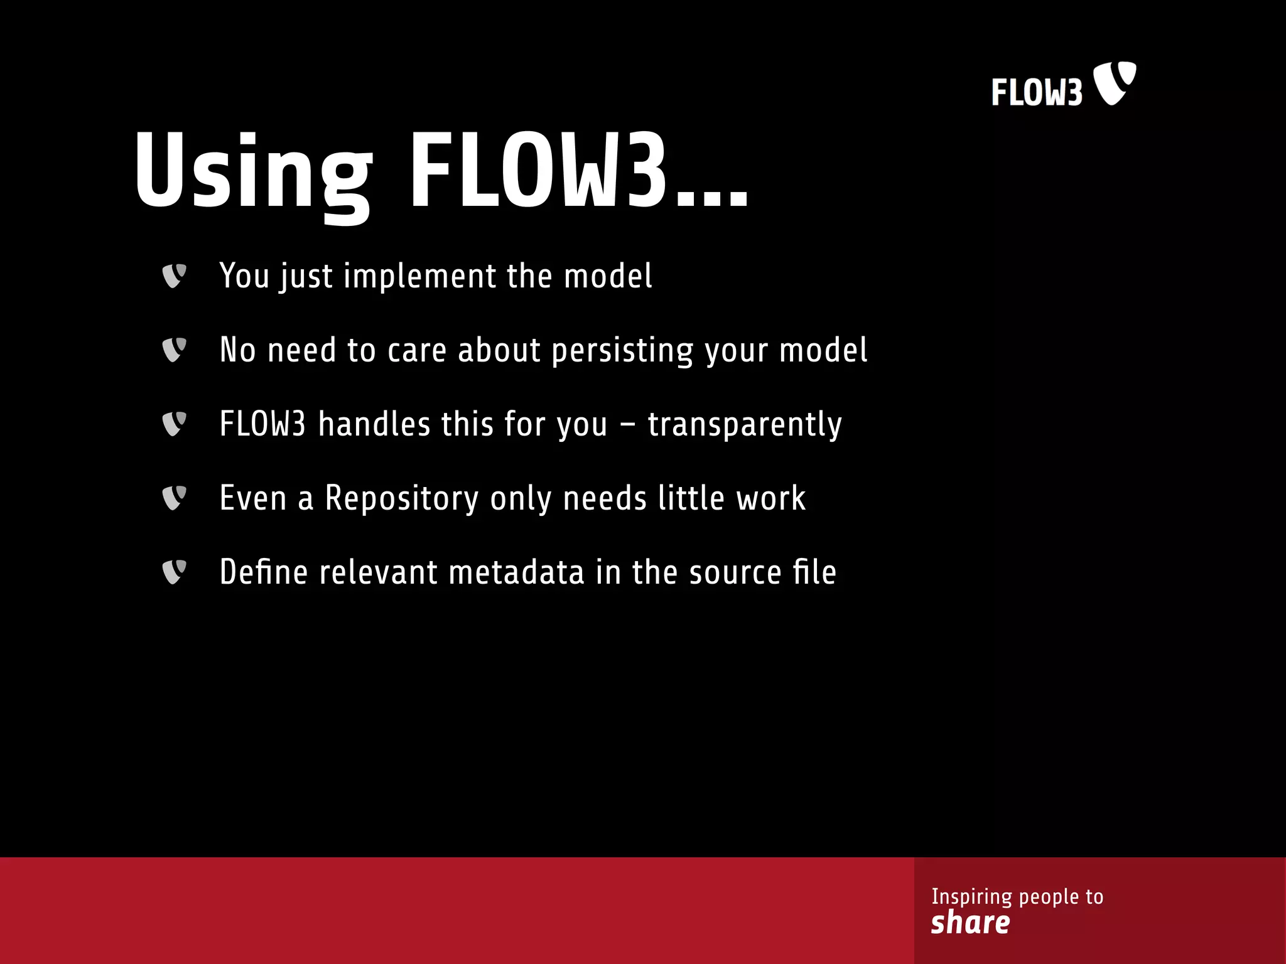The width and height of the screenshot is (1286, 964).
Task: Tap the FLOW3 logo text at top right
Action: pyautogui.click(x=1037, y=93)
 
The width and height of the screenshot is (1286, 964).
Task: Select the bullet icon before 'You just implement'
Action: pyautogui.click(x=174, y=276)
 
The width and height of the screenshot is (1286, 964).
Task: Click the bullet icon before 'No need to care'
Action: pyautogui.click(x=174, y=350)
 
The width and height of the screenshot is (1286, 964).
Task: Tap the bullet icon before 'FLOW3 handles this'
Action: pyautogui.click(x=174, y=424)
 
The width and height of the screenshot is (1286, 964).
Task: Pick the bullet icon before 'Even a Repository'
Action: pyautogui.click(x=174, y=498)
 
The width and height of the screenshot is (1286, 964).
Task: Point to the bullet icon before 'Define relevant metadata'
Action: pyautogui.click(x=174, y=572)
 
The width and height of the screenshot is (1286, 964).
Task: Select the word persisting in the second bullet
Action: pyautogui.click(x=622, y=351)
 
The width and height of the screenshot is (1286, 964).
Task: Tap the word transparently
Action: pyautogui.click(x=744, y=425)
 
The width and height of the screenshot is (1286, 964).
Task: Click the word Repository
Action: pyautogui.click(x=402, y=499)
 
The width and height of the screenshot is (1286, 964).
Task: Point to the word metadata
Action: pyautogui.click(x=516, y=572)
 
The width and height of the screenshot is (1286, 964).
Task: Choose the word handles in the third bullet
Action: pyautogui.click(x=374, y=424)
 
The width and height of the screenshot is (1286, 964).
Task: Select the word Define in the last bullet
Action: pyautogui.click(x=264, y=572)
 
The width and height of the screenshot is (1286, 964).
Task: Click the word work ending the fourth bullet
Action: pyautogui.click(x=770, y=499)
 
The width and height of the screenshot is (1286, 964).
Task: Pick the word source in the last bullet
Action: pyautogui.click(x=735, y=573)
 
